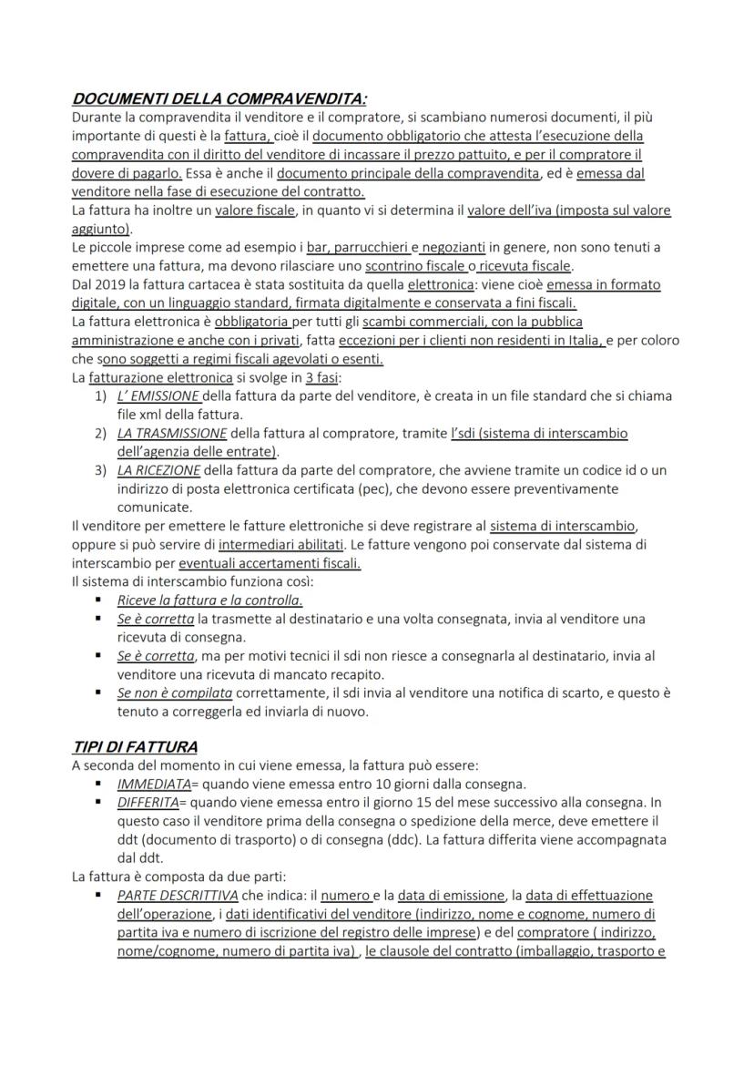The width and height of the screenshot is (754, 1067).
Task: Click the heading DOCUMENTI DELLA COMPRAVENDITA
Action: coord(219,98)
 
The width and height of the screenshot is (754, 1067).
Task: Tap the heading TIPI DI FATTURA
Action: coord(135,747)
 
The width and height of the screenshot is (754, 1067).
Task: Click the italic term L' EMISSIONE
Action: coord(158,396)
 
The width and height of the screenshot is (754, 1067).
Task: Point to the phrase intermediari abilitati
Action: coord(281,544)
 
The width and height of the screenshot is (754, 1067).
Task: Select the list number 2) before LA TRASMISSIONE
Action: coord(101,433)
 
